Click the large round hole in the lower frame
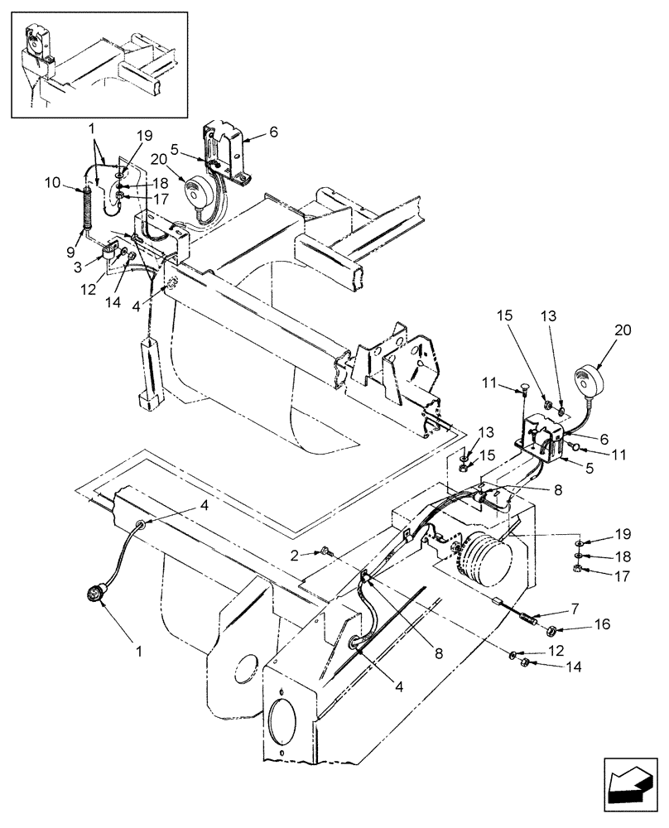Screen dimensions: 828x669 pos(246,664)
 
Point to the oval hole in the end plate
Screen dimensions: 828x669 pos(281,725)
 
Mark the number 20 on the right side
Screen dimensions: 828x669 pos(622,330)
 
